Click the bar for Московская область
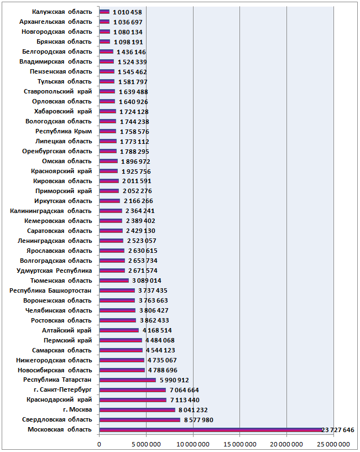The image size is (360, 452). click(x=211, y=430)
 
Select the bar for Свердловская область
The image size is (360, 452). click(x=140, y=420)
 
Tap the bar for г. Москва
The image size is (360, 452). click(x=137, y=410)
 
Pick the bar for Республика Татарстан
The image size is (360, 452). click(x=128, y=380)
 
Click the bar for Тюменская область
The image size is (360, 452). click(x=114, y=280)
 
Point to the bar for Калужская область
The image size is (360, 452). click(x=105, y=12)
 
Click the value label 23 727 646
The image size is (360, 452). click(x=338, y=430)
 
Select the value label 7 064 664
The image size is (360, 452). click(x=184, y=390)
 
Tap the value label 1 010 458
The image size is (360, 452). click(x=127, y=12)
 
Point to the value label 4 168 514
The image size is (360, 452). click(x=157, y=330)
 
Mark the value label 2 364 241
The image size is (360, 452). click(x=140, y=211)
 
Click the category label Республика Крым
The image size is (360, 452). click(x=64, y=131)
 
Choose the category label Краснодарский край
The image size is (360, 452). click(x=59, y=400)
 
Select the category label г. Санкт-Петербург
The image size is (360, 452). click(x=63, y=389)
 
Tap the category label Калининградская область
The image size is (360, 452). click(x=51, y=211)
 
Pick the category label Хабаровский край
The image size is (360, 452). click(x=63, y=111)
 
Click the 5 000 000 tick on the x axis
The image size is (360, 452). click(x=147, y=444)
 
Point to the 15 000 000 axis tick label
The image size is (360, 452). click(x=240, y=444)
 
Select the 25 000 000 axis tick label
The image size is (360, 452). click(x=333, y=444)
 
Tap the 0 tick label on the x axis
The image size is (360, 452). click(x=100, y=444)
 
